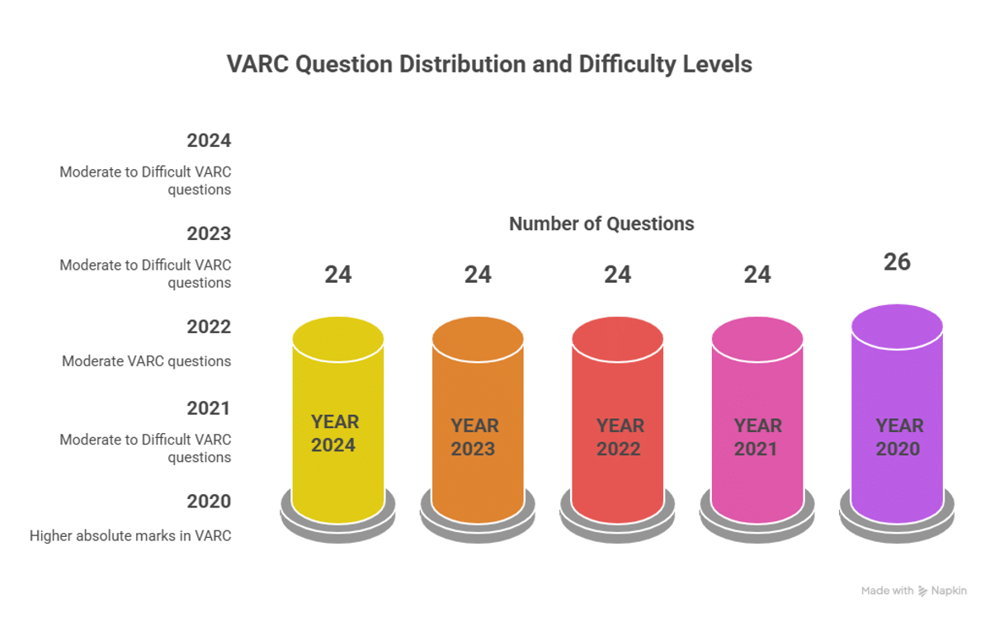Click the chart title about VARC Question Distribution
pos(489,64)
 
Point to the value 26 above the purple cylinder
pos(897,261)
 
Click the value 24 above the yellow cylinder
pos(338,274)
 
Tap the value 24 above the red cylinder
pos(617,274)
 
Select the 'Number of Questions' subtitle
pos(601,224)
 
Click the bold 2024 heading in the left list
pos(209,140)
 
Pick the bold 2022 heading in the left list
pos(209,327)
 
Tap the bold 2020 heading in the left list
pos(209,502)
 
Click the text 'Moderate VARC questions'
pos(146,361)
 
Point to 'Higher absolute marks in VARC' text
pos(130,536)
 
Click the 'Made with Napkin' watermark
pos(913,591)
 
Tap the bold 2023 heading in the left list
pos(209,233)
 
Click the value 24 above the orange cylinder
pos(478,274)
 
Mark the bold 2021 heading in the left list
pos(209,408)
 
